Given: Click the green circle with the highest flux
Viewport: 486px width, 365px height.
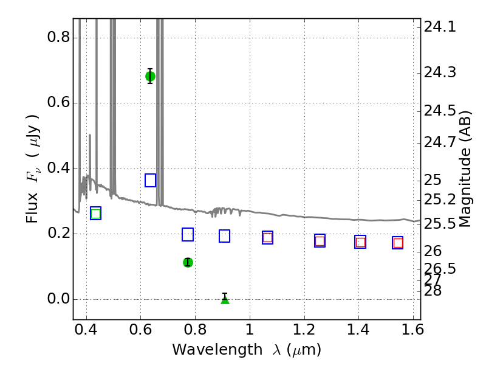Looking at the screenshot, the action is [x=150, y=77].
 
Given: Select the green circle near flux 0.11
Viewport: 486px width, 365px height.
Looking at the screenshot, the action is [x=188, y=263].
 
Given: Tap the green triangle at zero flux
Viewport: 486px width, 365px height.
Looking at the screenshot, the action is [x=225, y=300].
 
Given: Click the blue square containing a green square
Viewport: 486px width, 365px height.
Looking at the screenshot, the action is [x=96, y=214].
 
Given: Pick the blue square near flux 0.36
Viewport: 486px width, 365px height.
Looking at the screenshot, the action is [x=150, y=180].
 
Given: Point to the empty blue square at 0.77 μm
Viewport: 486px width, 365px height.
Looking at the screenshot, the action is [x=188, y=234].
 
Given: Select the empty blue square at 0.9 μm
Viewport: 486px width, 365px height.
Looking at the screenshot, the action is [x=224, y=236].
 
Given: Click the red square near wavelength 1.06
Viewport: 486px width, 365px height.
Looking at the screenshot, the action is [x=267, y=238].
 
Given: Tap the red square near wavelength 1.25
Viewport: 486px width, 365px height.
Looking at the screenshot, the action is [x=320, y=241].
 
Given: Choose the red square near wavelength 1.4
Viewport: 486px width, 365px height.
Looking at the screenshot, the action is [x=360, y=242].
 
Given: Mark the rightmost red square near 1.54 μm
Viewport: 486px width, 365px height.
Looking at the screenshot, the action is [x=398, y=243].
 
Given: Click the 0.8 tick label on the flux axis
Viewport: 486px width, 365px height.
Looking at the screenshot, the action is [x=58, y=37].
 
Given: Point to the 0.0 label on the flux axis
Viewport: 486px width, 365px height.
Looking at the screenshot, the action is [x=58, y=299].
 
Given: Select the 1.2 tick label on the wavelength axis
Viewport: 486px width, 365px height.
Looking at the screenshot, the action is [x=304, y=329].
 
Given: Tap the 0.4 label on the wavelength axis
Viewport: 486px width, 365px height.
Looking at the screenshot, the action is [x=86, y=329].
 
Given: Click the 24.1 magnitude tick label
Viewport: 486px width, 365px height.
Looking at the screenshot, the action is [x=440, y=27].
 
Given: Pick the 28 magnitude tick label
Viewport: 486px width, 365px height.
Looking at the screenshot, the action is [x=433, y=291].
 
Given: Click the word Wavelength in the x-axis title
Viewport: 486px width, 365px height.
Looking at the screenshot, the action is [x=217, y=350].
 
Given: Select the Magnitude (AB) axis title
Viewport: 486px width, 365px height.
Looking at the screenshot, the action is [x=465, y=170].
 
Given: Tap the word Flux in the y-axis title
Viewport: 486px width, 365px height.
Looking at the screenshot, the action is [x=32, y=207].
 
